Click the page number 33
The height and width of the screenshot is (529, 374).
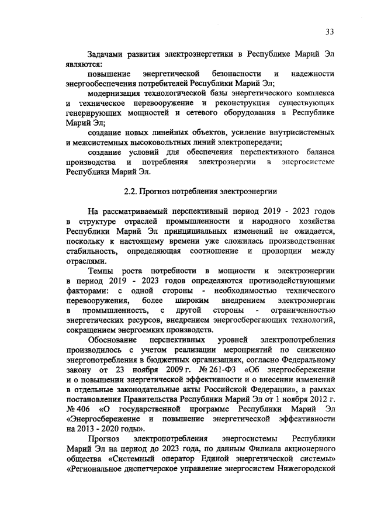330,32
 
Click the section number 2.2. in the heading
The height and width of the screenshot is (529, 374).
133,191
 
